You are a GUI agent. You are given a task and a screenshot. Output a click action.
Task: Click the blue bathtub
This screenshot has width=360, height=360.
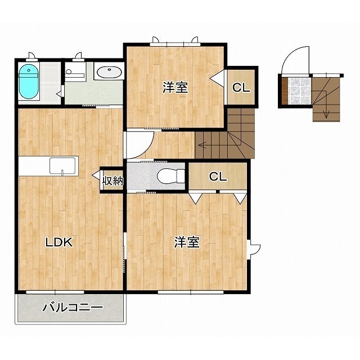pos(29,82)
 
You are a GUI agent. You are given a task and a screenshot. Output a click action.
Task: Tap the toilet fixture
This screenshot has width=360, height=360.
pos(171,176)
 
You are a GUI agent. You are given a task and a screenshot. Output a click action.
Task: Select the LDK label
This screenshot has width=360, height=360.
pos(59,242)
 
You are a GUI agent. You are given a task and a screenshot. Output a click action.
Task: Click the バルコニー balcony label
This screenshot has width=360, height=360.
pos(73,308)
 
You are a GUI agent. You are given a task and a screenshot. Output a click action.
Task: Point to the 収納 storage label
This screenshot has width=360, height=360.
pos(112,181)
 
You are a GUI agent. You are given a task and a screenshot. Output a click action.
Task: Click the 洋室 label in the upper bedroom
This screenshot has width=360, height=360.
pos(175,87)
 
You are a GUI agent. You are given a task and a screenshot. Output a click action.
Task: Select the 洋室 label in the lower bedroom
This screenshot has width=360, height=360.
pos(187,242)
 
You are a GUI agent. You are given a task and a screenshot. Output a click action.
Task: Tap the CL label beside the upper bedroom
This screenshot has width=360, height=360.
pos(241,87)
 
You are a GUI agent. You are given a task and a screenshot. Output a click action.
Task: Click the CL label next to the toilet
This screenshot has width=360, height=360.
pos(218,176)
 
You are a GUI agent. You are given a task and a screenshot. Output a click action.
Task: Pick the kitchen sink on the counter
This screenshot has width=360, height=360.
pos(62,165)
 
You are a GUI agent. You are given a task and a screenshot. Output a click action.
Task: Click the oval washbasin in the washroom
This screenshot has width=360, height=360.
pos(110,72)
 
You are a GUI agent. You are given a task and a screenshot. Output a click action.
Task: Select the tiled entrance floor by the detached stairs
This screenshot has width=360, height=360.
pos(299,91)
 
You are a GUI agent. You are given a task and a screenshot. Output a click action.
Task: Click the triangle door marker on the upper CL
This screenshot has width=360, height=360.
pos(217,78)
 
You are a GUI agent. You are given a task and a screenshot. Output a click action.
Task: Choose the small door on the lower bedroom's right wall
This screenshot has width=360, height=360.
pos(255,249)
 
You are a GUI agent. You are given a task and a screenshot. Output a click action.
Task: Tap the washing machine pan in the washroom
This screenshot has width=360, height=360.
pos(75,71)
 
